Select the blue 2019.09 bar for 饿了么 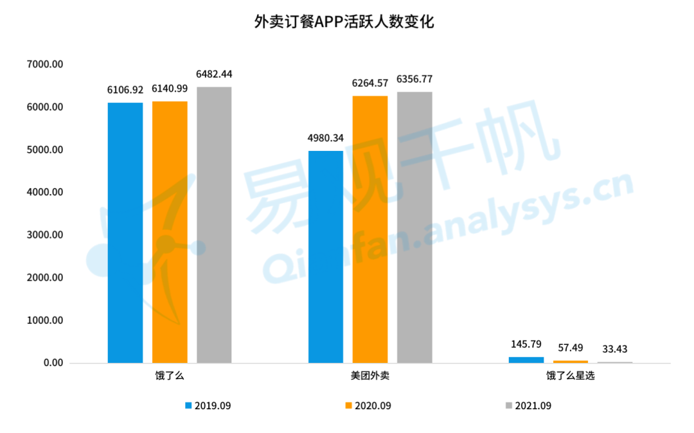point(125,233)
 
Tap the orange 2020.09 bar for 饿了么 point(170,232)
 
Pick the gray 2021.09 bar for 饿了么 point(214,225)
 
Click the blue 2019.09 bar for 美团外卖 point(326,256)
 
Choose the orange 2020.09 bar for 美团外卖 point(370,229)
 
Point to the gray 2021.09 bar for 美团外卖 point(414,227)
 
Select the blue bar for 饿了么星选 point(526,360)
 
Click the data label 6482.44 point(214,74)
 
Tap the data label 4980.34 point(326,137)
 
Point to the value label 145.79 point(526,344)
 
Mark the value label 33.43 point(615,349)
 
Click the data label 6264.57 point(370,84)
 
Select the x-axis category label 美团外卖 point(371,376)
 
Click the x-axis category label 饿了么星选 point(571,376)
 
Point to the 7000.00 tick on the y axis point(45,64)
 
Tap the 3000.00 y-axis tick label point(45,235)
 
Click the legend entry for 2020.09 point(368,405)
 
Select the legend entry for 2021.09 point(528,405)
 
